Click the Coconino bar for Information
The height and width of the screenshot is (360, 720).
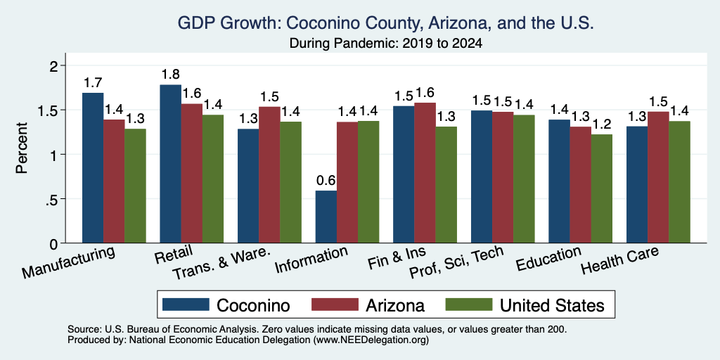click(x=326, y=217)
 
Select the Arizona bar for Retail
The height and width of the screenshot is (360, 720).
click(x=191, y=173)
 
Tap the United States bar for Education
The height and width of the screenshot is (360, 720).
click(x=602, y=188)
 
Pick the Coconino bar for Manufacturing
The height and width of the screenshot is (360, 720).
click(x=93, y=167)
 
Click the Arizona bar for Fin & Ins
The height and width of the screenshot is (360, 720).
click(x=425, y=173)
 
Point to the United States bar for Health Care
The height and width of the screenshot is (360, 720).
click(x=680, y=182)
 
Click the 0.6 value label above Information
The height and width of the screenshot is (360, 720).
click(x=326, y=181)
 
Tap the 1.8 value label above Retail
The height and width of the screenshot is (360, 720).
click(x=170, y=75)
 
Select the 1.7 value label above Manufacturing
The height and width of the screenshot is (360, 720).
click(x=93, y=83)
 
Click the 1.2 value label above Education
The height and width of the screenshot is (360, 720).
click(x=602, y=124)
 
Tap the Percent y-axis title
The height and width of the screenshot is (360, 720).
click(x=22, y=148)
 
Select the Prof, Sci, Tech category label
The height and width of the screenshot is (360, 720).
click(x=456, y=263)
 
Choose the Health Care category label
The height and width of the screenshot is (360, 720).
click(x=619, y=260)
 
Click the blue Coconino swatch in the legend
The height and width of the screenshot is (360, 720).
click(x=186, y=304)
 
